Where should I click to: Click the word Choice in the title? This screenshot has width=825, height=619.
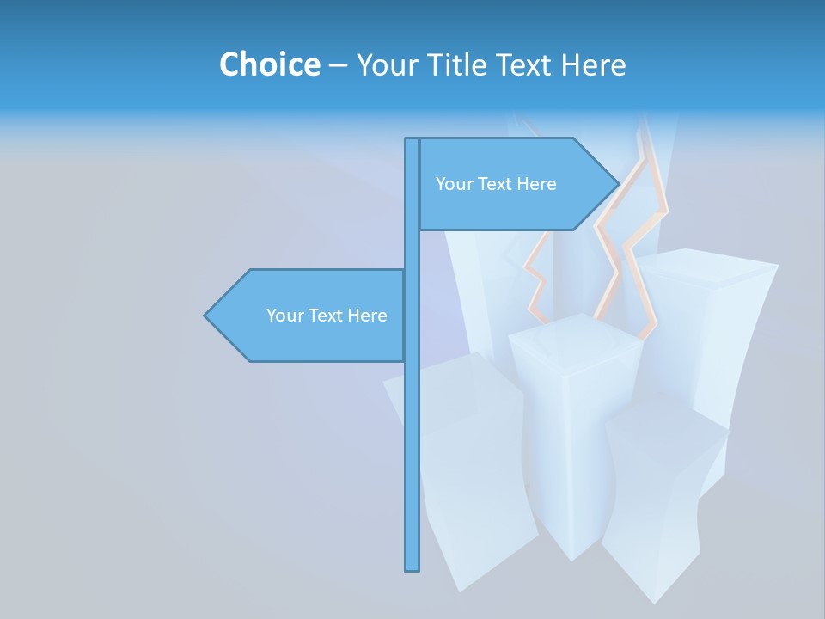(x=269, y=64)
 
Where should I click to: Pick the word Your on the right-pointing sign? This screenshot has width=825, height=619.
(x=453, y=184)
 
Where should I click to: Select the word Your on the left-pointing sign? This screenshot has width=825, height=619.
(x=284, y=316)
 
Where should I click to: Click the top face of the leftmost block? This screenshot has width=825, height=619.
(x=455, y=378)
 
